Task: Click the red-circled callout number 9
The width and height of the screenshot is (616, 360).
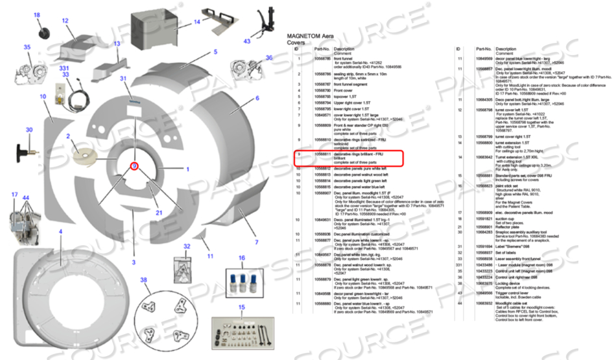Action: click(134, 166)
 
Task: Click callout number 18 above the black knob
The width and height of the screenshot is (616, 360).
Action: click(36, 15)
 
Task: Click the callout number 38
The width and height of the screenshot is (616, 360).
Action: click(144, 280)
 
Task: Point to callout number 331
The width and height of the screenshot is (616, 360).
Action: click(64, 67)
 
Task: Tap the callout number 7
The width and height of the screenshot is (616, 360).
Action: click(256, 242)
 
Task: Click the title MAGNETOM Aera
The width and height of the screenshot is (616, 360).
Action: click(313, 36)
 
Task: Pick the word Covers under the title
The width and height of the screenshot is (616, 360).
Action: click(296, 42)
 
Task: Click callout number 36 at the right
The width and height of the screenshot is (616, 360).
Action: click(269, 58)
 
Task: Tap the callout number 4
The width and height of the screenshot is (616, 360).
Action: click(60, 232)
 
